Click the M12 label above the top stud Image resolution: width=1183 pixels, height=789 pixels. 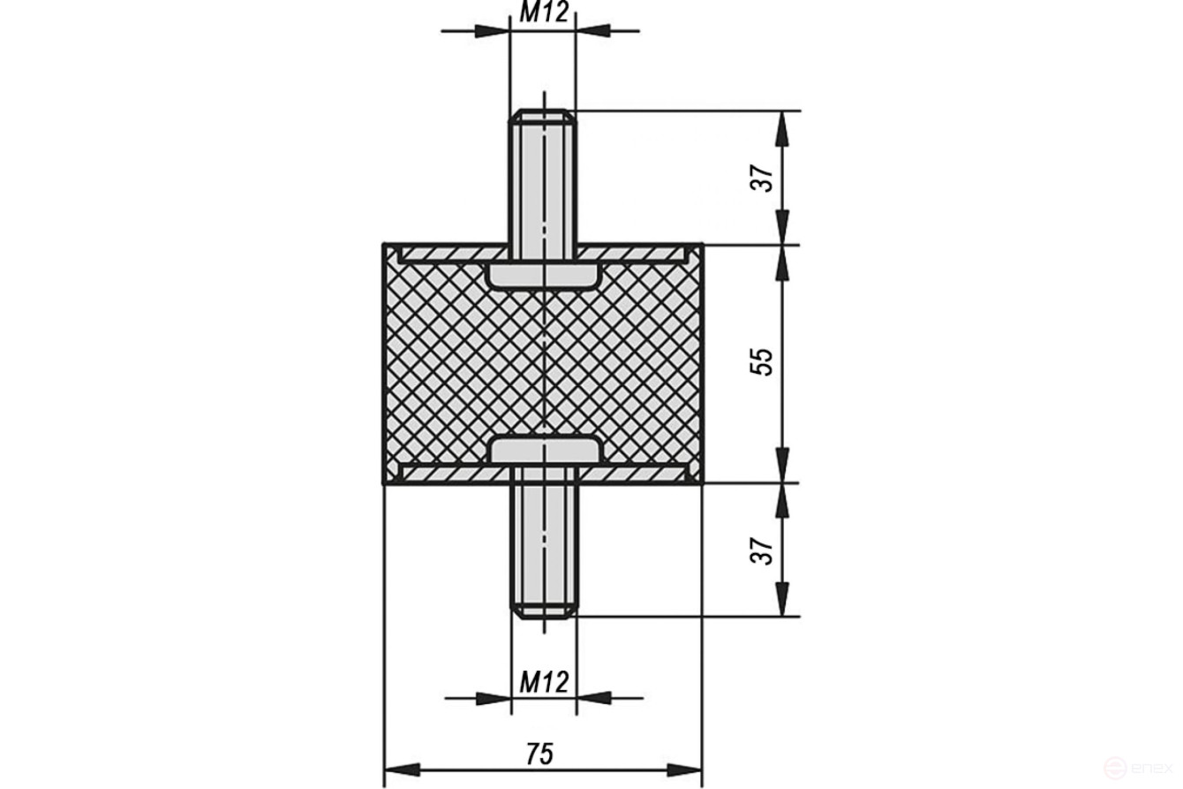[x=543, y=11]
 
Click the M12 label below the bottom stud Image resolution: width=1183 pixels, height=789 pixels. [x=543, y=681]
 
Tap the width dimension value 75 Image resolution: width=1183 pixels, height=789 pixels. [x=539, y=754]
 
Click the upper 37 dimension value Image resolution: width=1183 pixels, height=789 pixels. [x=765, y=178]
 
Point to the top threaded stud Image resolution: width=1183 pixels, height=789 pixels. [x=543, y=177]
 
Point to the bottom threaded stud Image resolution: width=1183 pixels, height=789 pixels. [x=543, y=548]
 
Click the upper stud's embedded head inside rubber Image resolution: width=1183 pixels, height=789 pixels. [x=543, y=275]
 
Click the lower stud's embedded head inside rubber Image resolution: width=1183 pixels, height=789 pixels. [x=543, y=451]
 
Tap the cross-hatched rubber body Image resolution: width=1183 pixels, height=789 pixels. [x=441, y=362]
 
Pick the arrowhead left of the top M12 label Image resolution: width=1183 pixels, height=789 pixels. [x=492, y=31]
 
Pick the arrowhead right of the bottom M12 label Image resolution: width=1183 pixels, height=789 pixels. [x=594, y=698]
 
